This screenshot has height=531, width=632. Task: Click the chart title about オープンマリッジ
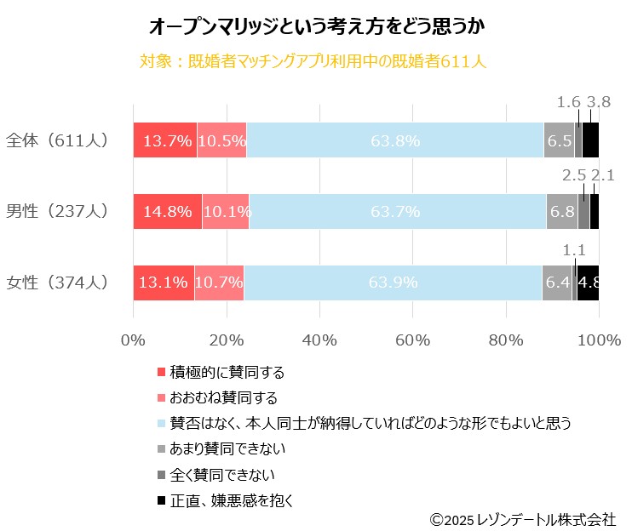click(317, 27)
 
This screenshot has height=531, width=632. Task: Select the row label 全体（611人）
click(57, 140)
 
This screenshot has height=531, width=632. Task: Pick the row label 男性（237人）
click(57, 212)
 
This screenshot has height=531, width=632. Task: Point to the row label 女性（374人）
click(57, 283)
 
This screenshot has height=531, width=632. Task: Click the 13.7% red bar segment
click(165, 140)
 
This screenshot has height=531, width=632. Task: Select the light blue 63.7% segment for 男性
click(397, 212)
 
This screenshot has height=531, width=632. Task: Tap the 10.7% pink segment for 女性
click(219, 283)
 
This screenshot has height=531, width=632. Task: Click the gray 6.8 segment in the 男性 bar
click(561, 212)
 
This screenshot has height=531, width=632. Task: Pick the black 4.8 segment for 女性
click(588, 283)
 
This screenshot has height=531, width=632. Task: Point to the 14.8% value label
click(168, 212)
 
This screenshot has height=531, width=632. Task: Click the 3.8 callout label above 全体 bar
click(599, 103)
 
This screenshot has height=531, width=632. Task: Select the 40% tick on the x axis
click(319, 340)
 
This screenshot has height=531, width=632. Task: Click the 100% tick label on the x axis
click(599, 340)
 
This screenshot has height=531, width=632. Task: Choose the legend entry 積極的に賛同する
click(227, 373)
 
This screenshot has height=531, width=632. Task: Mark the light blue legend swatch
click(161, 423)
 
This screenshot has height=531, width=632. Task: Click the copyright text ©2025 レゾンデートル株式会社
click(522, 518)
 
